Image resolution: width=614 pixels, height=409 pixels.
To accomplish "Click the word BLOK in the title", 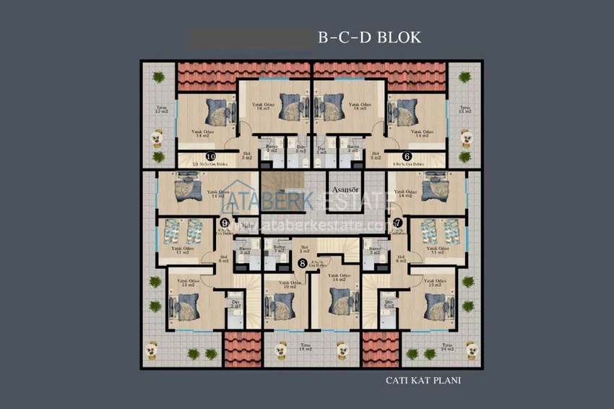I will (397, 37).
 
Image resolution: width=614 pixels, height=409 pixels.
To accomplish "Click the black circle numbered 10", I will (211, 156).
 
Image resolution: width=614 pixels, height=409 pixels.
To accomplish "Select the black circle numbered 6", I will (407, 156).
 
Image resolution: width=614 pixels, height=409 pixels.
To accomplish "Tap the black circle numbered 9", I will (225, 223).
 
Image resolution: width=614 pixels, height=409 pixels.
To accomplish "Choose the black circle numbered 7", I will (398, 223).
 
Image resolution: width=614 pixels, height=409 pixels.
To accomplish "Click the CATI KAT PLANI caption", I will (423, 379).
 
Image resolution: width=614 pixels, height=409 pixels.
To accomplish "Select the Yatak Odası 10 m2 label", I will (289, 285).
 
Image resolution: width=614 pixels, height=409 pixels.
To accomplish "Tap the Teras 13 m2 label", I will (163, 112).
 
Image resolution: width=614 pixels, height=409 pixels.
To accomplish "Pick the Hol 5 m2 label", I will (303, 249).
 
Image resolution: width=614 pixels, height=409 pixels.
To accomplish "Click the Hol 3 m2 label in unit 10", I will (246, 155).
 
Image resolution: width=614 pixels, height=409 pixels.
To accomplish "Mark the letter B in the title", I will (324, 37).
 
